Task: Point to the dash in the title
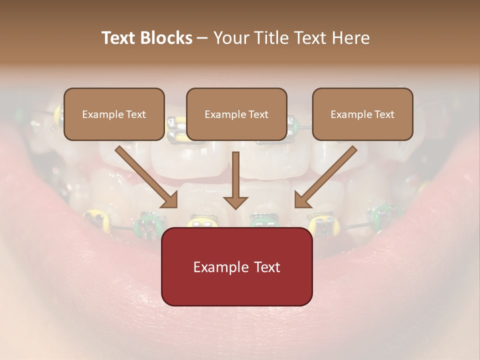203,38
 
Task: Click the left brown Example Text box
114,114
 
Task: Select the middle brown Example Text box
236,114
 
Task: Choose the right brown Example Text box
362,114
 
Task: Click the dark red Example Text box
236,266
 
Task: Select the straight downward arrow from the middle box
235,180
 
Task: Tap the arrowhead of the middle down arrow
235,202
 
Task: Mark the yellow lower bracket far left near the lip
96,218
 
